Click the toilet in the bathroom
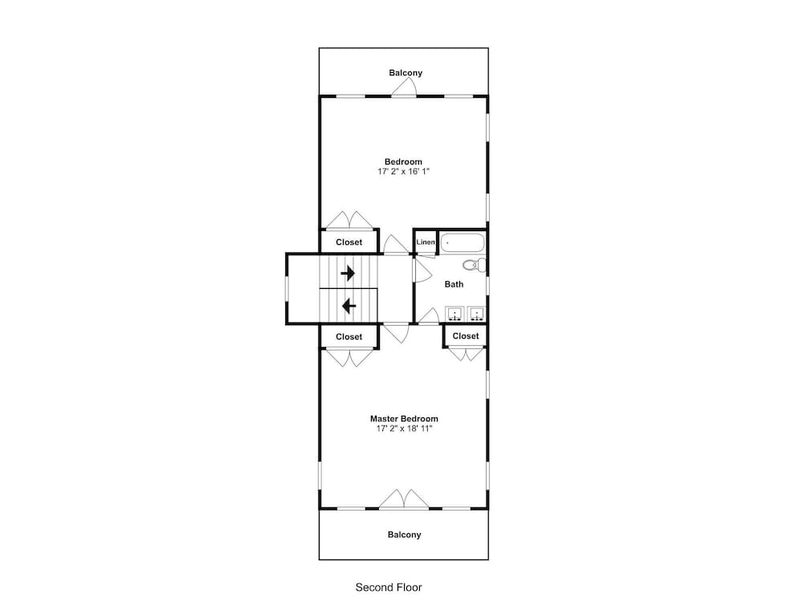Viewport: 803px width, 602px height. pos(475,265)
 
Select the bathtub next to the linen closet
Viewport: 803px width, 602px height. pos(463,242)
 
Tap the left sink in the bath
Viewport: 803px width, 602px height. pos(454,313)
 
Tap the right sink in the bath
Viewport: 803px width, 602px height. pos(476,313)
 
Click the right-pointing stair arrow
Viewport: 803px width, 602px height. pos(348,273)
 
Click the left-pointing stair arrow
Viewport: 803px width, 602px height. pos(349,306)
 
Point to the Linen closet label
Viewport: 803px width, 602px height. pos(426,242)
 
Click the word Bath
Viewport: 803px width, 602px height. pos(454,284)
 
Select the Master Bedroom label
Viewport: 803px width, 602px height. pos(404,419)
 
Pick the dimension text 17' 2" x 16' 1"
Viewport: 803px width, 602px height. pos(404,172)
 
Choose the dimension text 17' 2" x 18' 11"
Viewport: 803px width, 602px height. pos(404,429)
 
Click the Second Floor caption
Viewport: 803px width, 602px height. pos(389,588)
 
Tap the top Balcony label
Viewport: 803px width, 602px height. pos(406,73)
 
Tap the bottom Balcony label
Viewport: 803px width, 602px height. pos(404,535)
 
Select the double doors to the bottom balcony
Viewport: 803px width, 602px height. pos(404,499)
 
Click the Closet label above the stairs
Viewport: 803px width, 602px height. pos(349,242)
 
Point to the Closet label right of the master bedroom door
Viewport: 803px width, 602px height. pos(466,336)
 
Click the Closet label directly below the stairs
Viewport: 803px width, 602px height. pos(349,337)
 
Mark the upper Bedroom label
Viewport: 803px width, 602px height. pos(404,162)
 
